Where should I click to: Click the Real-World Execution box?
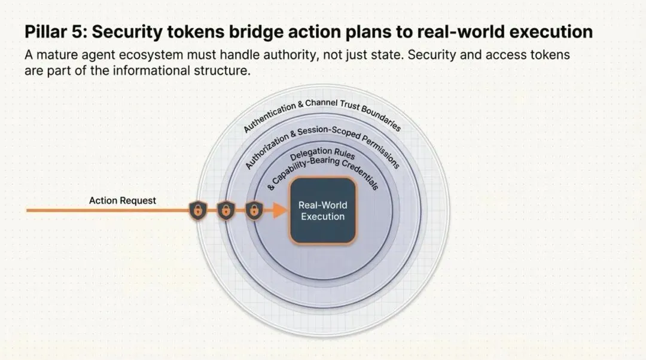coord(322,210)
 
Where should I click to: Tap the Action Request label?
coord(122,200)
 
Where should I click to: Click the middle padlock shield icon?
coord(226,210)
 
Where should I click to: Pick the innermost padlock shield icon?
coord(254,210)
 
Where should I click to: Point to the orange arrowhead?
coord(278,210)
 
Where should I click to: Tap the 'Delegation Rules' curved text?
coord(319,156)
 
